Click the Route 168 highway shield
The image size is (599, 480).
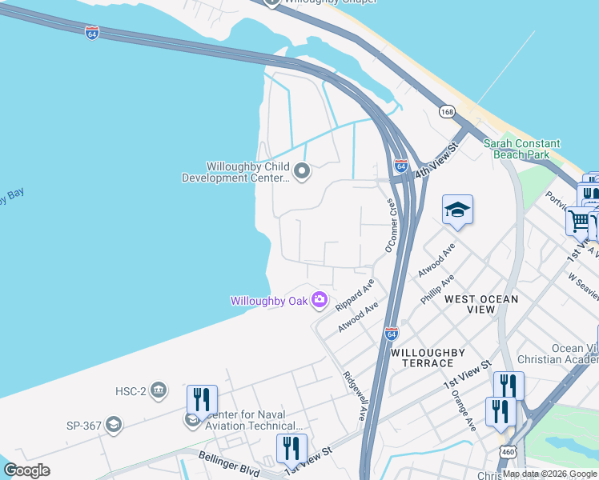pyautogui.click(x=447, y=111)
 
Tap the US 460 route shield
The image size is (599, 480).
pyautogui.click(x=507, y=451)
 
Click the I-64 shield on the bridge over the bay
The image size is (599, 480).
pyautogui.click(x=92, y=33)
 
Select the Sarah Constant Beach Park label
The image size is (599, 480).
pyautogui.click(x=521, y=149)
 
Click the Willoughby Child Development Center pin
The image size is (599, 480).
pyautogui.click(x=302, y=171)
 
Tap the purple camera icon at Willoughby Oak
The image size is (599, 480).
pyautogui.click(x=320, y=300)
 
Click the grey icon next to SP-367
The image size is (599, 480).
pyautogui.click(x=113, y=425)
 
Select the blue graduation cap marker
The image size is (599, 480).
pyautogui.click(x=457, y=210)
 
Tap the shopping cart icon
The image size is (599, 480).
pyautogui.click(x=577, y=220)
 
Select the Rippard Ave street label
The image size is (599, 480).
pyautogui.click(x=355, y=295)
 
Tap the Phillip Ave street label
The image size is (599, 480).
pyautogui.click(x=437, y=289)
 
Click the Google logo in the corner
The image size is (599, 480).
pyautogui.click(x=27, y=470)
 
